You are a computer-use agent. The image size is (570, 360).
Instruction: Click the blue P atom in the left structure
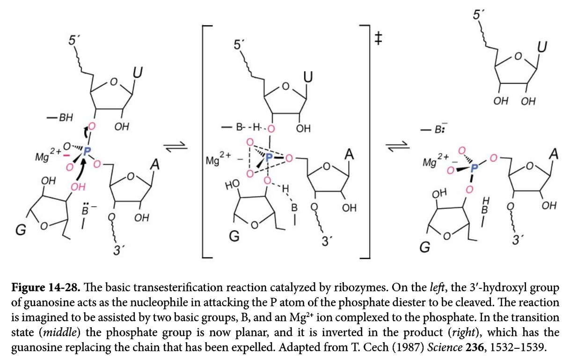pos(87,151)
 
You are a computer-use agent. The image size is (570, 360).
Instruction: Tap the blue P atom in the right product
pos(474,166)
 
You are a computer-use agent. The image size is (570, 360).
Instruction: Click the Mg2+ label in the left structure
pos(48,155)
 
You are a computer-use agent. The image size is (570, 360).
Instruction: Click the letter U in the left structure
pos(139,73)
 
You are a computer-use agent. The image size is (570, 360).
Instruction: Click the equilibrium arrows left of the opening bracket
pos(177,147)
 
